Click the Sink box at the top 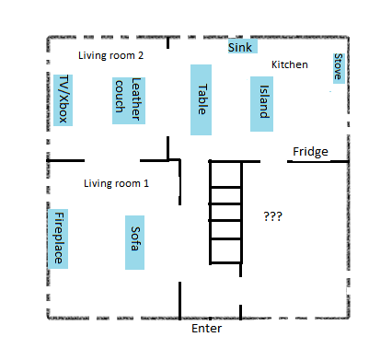pos(242,47)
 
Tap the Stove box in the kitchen pos(338,67)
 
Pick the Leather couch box pos(130,100)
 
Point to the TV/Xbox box pos(63,99)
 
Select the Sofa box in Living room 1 pos(135,242)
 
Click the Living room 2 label pos(110,56)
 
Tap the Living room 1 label pos(116,183)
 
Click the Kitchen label pos(289,65)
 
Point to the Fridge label pos(310,152)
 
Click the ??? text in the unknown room pos(272,216)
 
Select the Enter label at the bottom pos(206,329)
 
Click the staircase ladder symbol pos(226,212)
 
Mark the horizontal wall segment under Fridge pos(317,162)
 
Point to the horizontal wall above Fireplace pos(65,160)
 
